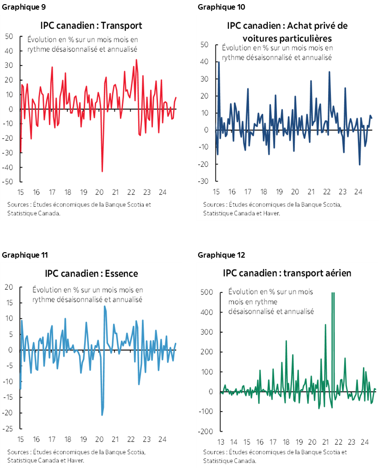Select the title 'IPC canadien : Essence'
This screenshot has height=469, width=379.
click(91, 274)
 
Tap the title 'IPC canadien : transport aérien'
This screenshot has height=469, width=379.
click(287, 273)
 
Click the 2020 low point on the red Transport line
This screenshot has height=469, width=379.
click(102, 171)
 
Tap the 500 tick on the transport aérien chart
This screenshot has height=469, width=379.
click(207, 292)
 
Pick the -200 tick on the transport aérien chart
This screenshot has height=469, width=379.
click(205, 431)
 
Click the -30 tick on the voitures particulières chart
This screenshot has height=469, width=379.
click(204, 181)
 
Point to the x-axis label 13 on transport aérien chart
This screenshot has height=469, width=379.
click(220, 443)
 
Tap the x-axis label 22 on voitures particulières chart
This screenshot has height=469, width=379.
click(327, 192)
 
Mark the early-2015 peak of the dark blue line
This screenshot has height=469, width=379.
click(219, 62)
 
